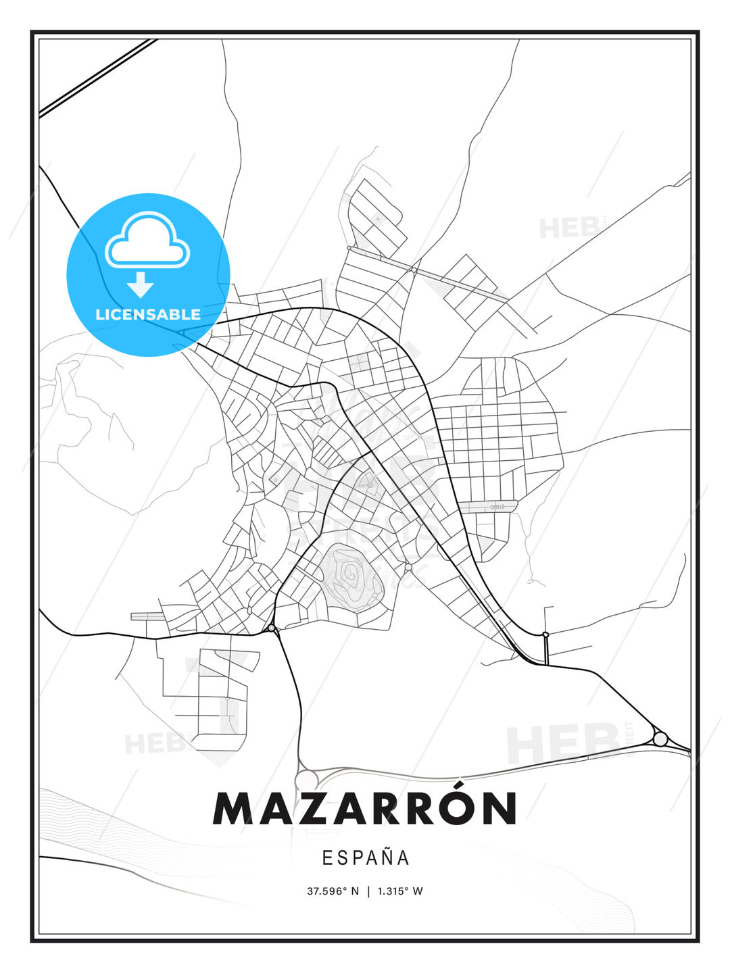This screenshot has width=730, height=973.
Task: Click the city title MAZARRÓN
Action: tap(365, 808)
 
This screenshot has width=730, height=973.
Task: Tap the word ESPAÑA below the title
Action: tap(366, 858)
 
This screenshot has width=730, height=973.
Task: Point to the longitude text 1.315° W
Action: tap(400, 891)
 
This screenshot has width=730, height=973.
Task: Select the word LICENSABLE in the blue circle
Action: tap(148, 314)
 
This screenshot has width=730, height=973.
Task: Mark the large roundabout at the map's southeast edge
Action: tap(660, 739)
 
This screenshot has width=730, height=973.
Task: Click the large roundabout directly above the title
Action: tap(308, 779)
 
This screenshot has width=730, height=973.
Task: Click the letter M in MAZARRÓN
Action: tap(235, 809)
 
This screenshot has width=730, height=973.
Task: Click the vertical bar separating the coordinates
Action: tap(368, 891)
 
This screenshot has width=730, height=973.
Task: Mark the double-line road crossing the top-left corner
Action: tap(98, 78)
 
